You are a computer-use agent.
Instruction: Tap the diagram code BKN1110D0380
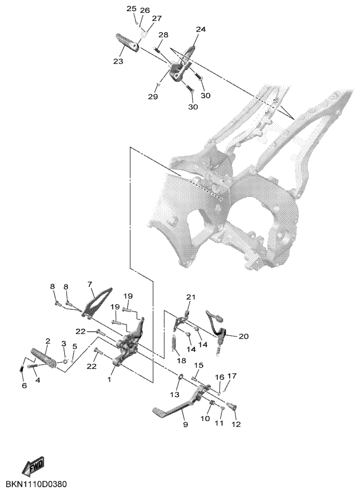coord(36,483)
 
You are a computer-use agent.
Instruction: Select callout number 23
coord(118,61)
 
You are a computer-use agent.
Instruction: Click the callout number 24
coord(201,29)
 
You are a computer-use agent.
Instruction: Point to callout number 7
coord(90,284)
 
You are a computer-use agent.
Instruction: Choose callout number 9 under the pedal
coord(186,424)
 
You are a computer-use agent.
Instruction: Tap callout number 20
coord(243,336)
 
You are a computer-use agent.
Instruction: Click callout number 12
coord(236,424)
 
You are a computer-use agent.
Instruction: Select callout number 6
coord(24,386)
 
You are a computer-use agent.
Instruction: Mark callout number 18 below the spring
coord(182,360)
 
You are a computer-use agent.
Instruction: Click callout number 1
coord(109,379)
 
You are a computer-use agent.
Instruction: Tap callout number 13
coord(175,394)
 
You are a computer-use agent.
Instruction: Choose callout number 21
coord(191,297)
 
